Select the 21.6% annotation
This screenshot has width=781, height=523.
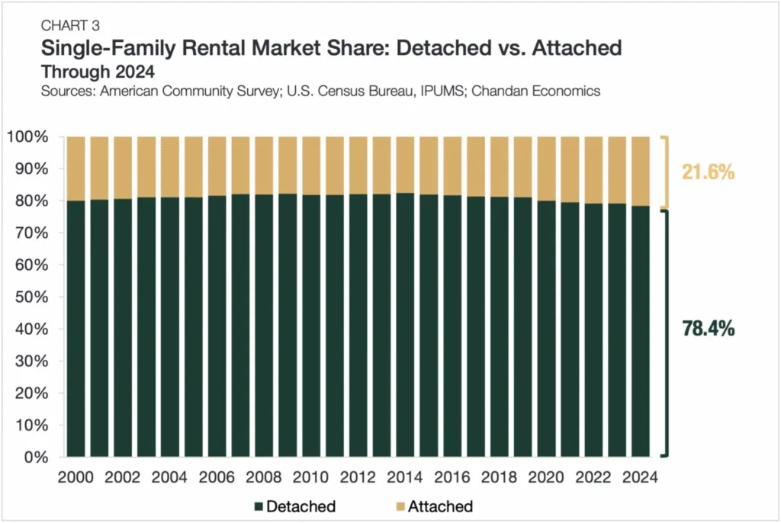[x=709, y=172]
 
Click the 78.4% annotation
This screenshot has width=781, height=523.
[x=709, y=329]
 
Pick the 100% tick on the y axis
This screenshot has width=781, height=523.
[x=28, y=137]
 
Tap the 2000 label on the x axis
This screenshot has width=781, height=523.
[x=76, y=478]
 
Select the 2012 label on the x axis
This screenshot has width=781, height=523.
[x=358, y=478]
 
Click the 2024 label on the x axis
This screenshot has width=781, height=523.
[x=638, y=478]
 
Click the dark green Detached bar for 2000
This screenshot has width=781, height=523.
[x=76, y=328]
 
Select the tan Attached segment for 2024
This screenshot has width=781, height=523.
[x=638, y=172]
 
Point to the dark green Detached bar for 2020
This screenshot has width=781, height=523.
[x=545, y=328]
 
